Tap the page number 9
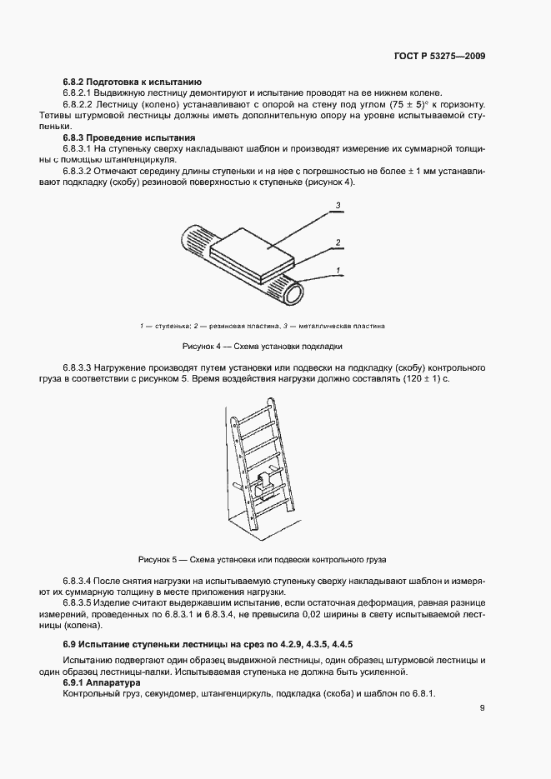click(482, 709)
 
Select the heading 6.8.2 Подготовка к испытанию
click(132, 82)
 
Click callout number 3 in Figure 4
click(338, 205)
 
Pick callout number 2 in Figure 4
click(338, 243)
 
